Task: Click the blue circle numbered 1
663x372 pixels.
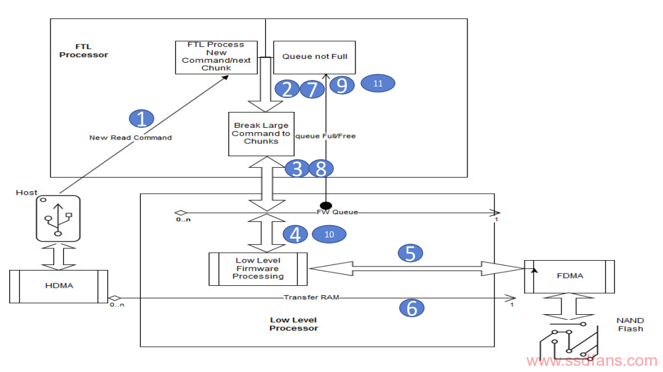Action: coord(141,118)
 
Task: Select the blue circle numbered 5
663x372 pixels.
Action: coord(410,253)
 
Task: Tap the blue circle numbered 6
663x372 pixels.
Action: coord(411,307)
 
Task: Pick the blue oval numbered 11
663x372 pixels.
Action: coord(378,83)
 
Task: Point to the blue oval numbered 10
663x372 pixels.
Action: coord(329,234)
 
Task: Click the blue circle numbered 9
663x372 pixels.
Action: coord(342,85)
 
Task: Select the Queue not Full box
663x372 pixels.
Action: coord(315,58)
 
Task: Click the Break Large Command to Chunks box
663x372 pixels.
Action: coord(261,134)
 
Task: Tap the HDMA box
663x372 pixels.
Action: coord(59,287)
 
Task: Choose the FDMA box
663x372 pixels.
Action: coord(570,277)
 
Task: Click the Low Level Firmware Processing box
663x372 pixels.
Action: coord(258,269)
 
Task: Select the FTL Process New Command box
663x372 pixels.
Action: coord(216,58)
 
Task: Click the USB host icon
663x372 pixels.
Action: coord(58,218)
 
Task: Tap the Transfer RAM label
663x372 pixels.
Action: coord(312,297)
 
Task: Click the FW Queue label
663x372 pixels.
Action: coord(338,212)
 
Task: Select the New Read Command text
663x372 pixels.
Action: coord(130,137)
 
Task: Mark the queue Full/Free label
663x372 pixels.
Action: coord(325,136)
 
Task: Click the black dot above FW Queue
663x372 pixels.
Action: coord(325,206)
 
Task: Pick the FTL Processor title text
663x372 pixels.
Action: coord(84,50)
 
